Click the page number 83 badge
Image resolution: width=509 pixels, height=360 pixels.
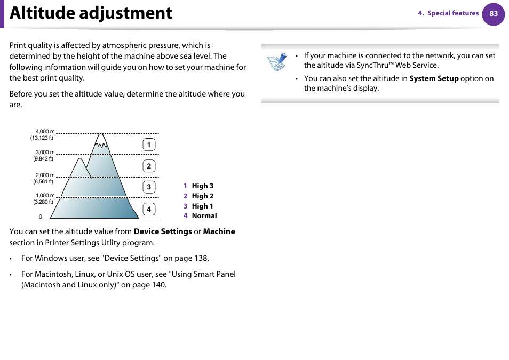coord(493,14)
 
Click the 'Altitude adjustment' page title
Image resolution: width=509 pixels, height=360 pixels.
coord(91,13)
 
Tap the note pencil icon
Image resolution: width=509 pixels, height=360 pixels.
coord(277,62)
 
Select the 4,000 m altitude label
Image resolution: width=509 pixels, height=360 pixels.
coord(45,132)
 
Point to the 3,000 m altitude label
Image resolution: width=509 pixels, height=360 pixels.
coord(45,153)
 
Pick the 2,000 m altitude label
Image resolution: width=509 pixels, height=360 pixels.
coord(45,175)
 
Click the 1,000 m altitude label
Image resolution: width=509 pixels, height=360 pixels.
coord(45,196)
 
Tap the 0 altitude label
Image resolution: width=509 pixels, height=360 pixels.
coord(40,217)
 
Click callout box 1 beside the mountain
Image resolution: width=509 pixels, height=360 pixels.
coord(149,145)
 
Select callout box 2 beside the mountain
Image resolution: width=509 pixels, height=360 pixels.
coord(149,166)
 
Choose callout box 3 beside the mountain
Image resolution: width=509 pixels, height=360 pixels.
coord(149,187)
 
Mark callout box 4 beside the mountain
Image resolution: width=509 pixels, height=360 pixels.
coord(149,209)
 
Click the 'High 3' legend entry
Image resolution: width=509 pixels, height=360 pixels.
coord(202,186)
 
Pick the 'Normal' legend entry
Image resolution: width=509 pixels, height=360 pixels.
coord(204,216)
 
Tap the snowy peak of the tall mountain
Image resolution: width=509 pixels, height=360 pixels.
coord(100,142)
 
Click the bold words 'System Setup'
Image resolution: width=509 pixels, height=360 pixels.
coord(434,78)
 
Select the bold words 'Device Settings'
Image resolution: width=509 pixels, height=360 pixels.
coord(163,231)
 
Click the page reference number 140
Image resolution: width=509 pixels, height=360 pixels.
coord(157,285)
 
